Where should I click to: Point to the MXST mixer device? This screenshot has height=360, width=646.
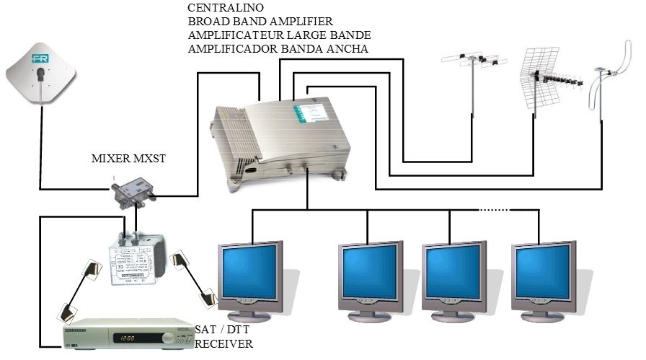133,192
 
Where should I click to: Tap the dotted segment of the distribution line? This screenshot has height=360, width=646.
494,211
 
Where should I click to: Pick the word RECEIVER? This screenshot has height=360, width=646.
224,344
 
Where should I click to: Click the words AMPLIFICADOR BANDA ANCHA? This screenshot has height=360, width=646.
278,49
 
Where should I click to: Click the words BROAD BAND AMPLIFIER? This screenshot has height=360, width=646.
260,22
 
